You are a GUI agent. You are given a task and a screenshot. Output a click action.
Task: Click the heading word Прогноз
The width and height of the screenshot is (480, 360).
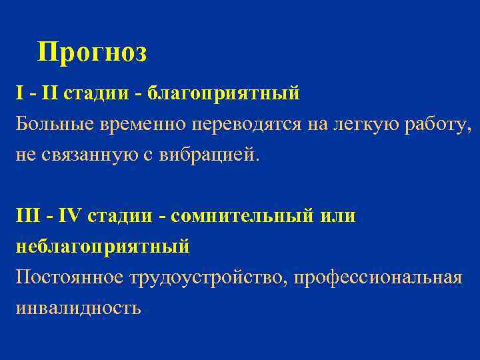coord(92,52)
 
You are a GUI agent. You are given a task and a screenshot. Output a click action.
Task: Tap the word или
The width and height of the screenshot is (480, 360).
coord(339,216)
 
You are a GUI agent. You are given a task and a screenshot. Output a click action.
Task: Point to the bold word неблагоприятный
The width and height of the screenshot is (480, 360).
coord(103,247)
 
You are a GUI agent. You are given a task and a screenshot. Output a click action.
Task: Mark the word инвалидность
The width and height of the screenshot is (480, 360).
coord(78,308)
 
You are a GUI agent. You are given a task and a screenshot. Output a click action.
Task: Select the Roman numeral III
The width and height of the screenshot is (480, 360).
coord(27,216)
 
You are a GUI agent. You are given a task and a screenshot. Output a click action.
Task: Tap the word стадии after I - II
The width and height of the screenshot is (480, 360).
coord(93,93)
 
